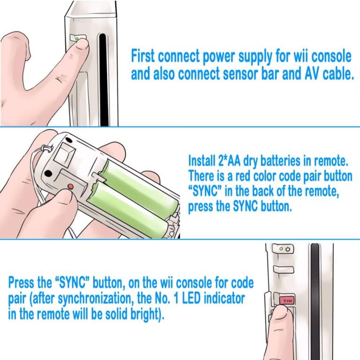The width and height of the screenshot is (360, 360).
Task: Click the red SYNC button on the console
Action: [x=286, y=300]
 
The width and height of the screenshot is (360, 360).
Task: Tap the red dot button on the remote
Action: [x=71, y=186]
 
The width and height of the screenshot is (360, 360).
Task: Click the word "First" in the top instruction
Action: [x=142, y=56]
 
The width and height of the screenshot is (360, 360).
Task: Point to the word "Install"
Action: [x=202, y=161]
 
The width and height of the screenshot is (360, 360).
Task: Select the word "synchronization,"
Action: [x=96, y=299]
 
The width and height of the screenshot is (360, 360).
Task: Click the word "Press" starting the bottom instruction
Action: [x=21, y=283]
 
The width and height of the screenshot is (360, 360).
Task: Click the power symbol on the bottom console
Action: [x=288, y=249]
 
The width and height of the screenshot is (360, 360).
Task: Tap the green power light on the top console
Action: [x=77, y=39]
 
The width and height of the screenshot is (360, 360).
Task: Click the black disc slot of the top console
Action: [x=103, y=80]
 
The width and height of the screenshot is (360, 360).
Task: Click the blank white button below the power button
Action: [x=284, y=270]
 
